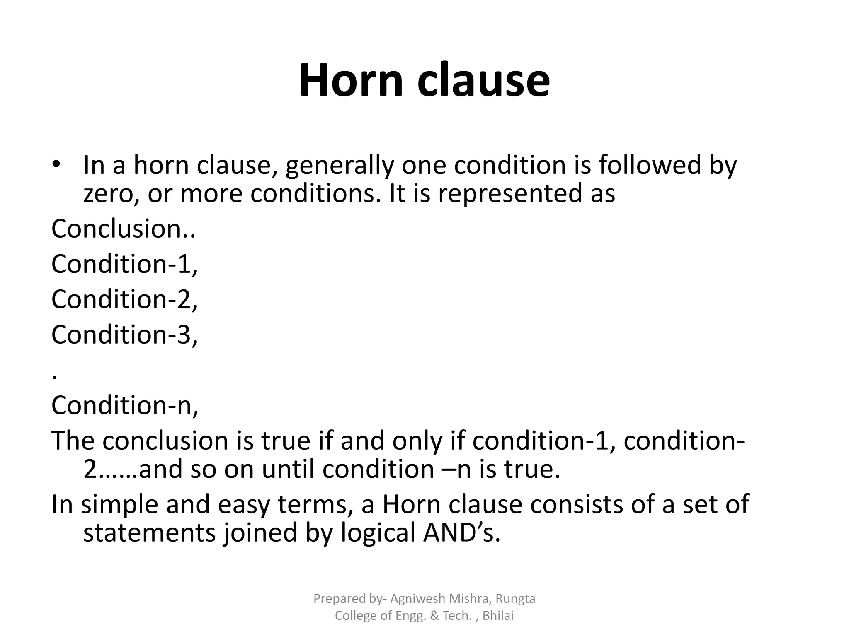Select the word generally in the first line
tap(340, 165)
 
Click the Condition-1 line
tap(125, 264)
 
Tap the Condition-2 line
tap(125, 299)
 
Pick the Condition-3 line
tap(125, 334)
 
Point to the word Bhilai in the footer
tap(498, 616)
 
